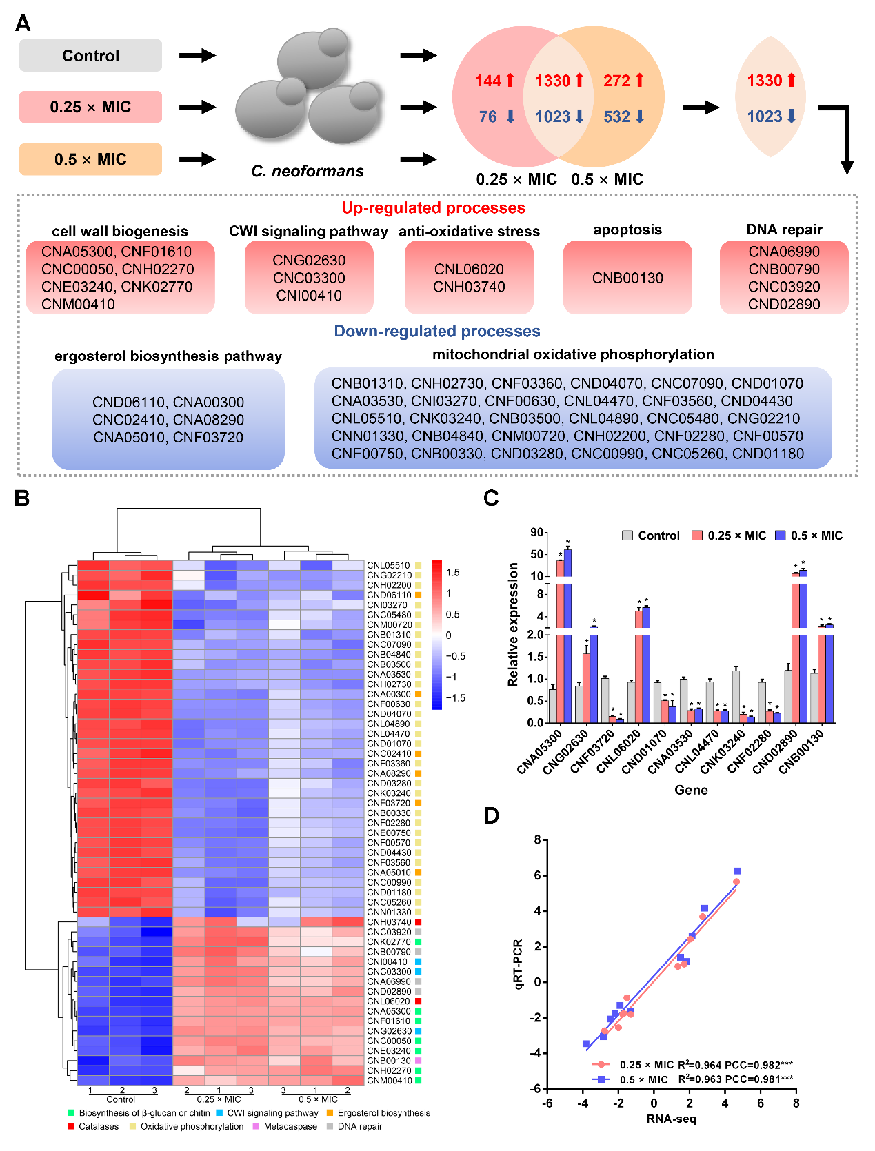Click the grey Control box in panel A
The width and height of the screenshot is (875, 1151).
(x=90, y=56)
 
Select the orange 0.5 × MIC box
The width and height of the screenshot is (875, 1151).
(x=90, y=159)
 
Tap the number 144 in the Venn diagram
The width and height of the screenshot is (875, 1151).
(x=487, y=81)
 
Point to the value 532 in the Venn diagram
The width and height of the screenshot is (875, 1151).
(x=617, y=116)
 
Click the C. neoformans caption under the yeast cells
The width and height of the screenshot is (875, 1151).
(x=308, y=171)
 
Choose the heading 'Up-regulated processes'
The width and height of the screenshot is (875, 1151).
(x=433, y=208)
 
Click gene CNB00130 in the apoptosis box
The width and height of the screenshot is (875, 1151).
(x=627, y=278)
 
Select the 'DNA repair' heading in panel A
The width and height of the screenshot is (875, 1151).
(x=784, y=230)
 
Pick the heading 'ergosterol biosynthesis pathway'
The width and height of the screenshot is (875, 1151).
(x=168, y=356)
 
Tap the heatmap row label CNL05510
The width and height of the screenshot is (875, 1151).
(x=388, y=565)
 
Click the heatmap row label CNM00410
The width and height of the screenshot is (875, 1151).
(x=389, y=1081)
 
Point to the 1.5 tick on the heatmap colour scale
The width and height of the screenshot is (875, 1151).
(x=452, y=573)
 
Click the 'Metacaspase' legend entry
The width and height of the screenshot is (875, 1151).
(x=290, y=1126)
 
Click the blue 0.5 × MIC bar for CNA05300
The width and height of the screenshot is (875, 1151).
(x=567, y=634)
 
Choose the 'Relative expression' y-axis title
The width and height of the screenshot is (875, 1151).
(x=513, y=624)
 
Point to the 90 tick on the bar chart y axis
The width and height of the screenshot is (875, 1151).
(x=537, y=532)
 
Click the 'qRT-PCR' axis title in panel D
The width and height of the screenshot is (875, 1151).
(x=519, y=964)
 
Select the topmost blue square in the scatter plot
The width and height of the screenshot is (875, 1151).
(x=737, y=871)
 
